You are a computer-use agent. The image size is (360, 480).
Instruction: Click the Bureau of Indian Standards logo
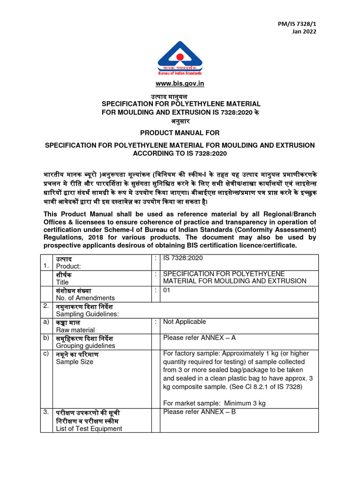tap(180, 59)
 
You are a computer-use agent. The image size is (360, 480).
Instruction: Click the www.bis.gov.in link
tap(180, 84)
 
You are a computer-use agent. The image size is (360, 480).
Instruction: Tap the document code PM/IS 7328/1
tap(300, 23)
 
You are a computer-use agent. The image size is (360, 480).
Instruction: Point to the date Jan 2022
tap(304, 31)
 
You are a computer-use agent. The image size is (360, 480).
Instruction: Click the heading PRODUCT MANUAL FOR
tap(180, 133)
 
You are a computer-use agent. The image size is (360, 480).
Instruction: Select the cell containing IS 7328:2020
tap(183, 258)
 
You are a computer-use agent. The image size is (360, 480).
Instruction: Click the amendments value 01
tap(167, 290)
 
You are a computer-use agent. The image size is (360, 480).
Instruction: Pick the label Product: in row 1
tap(68, 266)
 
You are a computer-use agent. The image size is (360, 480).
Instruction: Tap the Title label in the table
tap(62, 282)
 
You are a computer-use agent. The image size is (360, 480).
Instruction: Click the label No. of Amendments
tap(85, 298)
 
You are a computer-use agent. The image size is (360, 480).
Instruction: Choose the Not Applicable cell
tap(184, 322)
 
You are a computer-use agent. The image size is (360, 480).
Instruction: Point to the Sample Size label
tap(75, 362)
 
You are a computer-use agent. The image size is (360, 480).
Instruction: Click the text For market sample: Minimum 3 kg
tap(214, 403)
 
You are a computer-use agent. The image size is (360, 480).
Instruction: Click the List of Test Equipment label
tap(89, 428)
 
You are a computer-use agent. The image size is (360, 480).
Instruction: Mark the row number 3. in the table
tap(46, 412)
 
